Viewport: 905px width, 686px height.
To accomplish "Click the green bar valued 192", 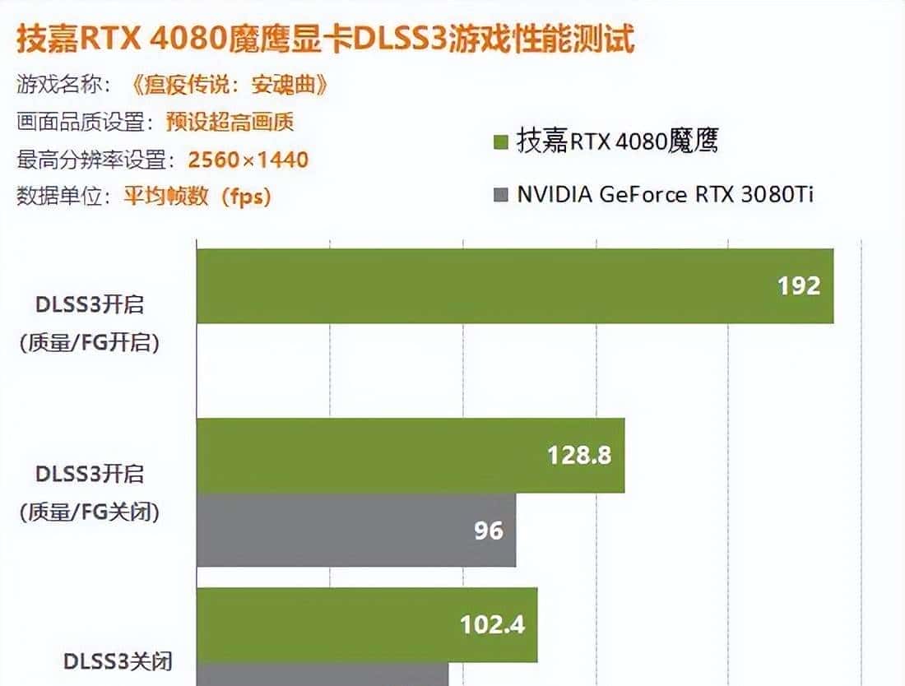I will [514, 286].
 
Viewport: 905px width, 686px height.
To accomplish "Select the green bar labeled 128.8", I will [410, 456].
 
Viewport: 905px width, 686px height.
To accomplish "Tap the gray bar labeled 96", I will [355, 530].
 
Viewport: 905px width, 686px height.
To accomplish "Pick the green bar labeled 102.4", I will [366, 624].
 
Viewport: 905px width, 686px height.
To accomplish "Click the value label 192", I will [799, 285].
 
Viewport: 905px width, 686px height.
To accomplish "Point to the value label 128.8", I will [579, 455].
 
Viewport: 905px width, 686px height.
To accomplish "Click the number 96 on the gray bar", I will [488, 530].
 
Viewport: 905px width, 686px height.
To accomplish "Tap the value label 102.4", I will [492, 624].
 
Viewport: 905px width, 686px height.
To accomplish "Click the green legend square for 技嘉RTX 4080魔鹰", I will [499, 142].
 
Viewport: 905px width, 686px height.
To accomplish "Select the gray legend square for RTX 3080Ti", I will [499, 195].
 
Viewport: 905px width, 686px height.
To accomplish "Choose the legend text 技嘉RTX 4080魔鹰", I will [617, 141].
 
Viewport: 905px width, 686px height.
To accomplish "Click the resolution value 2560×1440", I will [248, 159].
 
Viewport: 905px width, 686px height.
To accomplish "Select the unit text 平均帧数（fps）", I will [197, 197].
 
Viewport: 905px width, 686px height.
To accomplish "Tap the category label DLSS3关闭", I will [118, 661].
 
